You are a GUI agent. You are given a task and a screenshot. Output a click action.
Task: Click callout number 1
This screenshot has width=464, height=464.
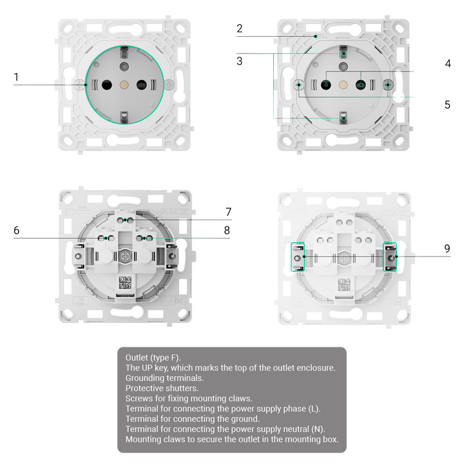click(16, 77)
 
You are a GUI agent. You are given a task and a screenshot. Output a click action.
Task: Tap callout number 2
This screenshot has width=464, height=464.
click(239, 28)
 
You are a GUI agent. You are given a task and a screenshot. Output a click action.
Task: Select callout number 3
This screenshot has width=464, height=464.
click(239, 61)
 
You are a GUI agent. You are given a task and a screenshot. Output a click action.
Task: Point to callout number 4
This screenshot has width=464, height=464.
click(448, 63)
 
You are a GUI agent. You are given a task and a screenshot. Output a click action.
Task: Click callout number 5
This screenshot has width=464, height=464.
click(447, 104)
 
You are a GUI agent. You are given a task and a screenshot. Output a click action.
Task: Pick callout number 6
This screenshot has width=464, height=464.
click(17, 230)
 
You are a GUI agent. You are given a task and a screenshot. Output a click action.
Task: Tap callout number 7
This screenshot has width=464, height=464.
click(228, 212)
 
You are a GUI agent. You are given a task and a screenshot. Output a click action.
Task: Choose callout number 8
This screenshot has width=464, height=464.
click(227, 230)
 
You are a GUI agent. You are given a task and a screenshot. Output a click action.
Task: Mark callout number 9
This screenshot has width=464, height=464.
click(447, 249)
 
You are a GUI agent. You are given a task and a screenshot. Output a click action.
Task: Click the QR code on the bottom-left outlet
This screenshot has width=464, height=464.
click(125, 283)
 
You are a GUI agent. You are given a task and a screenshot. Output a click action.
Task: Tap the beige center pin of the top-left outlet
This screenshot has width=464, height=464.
click(124, 85)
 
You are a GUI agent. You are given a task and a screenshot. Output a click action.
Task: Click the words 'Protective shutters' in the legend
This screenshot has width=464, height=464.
click(162, 388)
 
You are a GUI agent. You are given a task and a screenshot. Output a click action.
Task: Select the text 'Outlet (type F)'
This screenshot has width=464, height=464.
click(152, 358)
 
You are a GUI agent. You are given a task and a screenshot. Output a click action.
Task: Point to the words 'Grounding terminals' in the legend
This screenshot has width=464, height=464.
click(164, 378)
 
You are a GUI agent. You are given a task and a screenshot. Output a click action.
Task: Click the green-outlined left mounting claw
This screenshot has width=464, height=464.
click(298, 257)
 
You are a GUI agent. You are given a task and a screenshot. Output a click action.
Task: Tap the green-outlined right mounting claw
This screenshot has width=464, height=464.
click(390, 257)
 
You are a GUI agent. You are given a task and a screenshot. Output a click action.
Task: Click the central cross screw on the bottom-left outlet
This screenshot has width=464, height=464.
click(125, 257)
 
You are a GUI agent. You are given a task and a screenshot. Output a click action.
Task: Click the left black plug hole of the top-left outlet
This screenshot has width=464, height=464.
click(107, 85)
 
